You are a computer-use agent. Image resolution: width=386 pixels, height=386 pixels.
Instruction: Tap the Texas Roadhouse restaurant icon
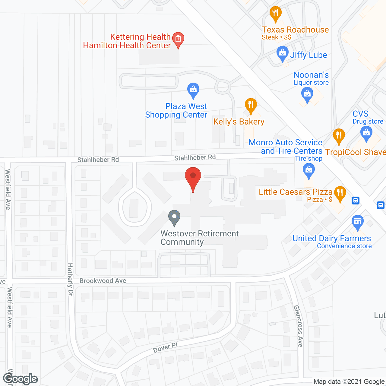(275, 14)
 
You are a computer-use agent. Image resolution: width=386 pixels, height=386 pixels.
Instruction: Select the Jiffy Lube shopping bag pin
(282, 53)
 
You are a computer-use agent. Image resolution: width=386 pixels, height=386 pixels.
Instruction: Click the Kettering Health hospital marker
(178, 40)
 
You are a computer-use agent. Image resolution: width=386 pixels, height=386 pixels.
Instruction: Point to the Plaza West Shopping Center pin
(193, 90)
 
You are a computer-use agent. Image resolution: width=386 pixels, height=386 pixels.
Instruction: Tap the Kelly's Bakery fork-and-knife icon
(251, 106)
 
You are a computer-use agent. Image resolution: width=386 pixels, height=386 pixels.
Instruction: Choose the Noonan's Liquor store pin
(307, 94)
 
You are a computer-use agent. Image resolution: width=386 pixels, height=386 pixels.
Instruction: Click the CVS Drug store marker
(366, 133)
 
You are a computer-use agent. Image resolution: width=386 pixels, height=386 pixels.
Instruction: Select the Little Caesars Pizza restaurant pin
(340, 193)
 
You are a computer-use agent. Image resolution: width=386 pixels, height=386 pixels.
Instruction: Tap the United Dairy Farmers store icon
(358, 222)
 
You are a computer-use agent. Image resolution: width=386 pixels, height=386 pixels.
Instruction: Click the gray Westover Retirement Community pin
(174, 217)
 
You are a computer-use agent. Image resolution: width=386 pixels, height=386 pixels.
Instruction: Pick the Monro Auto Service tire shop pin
(308, 170)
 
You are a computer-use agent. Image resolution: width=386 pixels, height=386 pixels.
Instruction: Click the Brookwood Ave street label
(103, 281)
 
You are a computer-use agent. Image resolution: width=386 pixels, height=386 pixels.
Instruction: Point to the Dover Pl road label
(165, 348)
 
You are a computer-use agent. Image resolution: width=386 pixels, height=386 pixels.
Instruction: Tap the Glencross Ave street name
(298, 326)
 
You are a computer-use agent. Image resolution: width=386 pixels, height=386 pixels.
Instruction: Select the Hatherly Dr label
(70, 279)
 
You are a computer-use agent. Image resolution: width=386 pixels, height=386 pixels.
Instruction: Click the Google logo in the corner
(21, 379)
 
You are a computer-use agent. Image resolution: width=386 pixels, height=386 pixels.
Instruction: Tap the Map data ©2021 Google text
(349, 382)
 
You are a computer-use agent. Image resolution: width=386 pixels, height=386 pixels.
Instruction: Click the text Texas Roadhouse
(295, 30)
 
